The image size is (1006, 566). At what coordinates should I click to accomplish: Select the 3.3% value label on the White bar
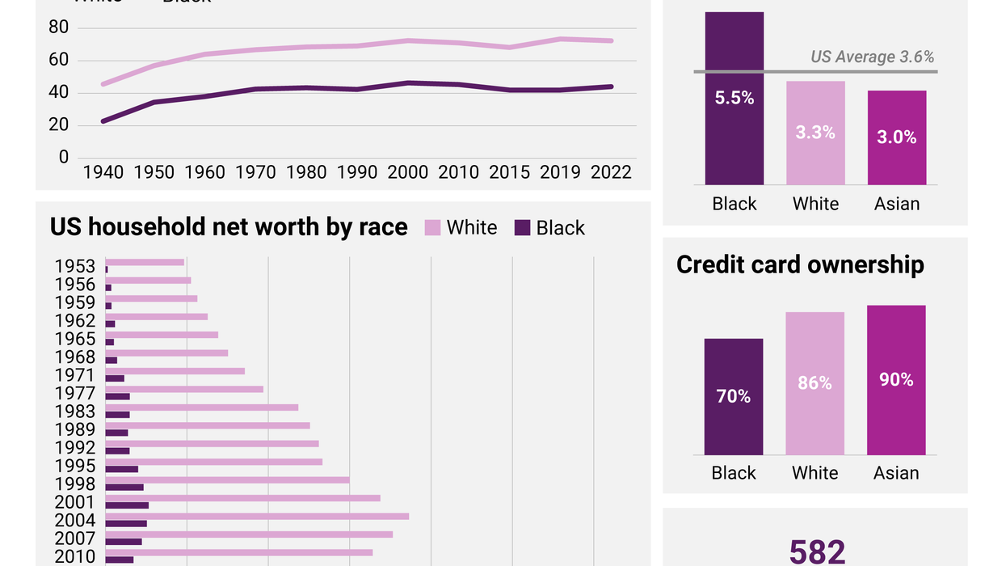point(814,132)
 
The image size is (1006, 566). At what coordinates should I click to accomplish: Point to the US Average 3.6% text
point(872,57)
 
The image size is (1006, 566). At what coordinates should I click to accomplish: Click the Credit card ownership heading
point(800,264)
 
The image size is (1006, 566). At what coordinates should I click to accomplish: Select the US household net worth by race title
point(229,227)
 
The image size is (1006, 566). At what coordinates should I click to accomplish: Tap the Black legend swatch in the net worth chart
point(522,228)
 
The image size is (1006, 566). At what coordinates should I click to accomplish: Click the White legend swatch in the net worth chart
point(432,228)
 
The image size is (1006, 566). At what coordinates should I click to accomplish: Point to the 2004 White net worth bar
point(257,516)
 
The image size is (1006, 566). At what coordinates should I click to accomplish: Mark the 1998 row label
point(75,484)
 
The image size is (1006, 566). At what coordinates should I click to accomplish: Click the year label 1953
point(75,267)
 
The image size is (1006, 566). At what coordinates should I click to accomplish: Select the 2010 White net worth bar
point(239,552)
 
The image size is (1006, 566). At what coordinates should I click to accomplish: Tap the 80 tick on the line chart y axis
point(59,28)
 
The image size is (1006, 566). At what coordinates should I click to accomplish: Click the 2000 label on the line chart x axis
point(407,172)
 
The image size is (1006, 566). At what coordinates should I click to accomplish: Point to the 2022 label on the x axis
point(611,172)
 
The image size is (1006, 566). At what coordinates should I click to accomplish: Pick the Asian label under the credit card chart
point(896,473)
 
